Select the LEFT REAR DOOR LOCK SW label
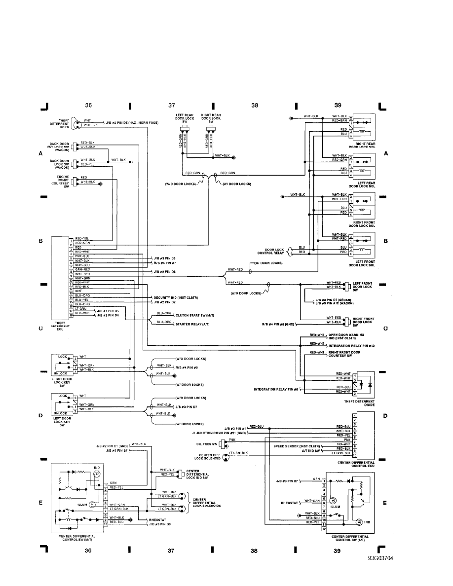pyautogui.click(x=185, y=118)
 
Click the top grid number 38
pyautogui.click(x=255, y=105)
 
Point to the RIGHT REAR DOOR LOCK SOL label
pyautogui.click(x=362, y=145)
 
